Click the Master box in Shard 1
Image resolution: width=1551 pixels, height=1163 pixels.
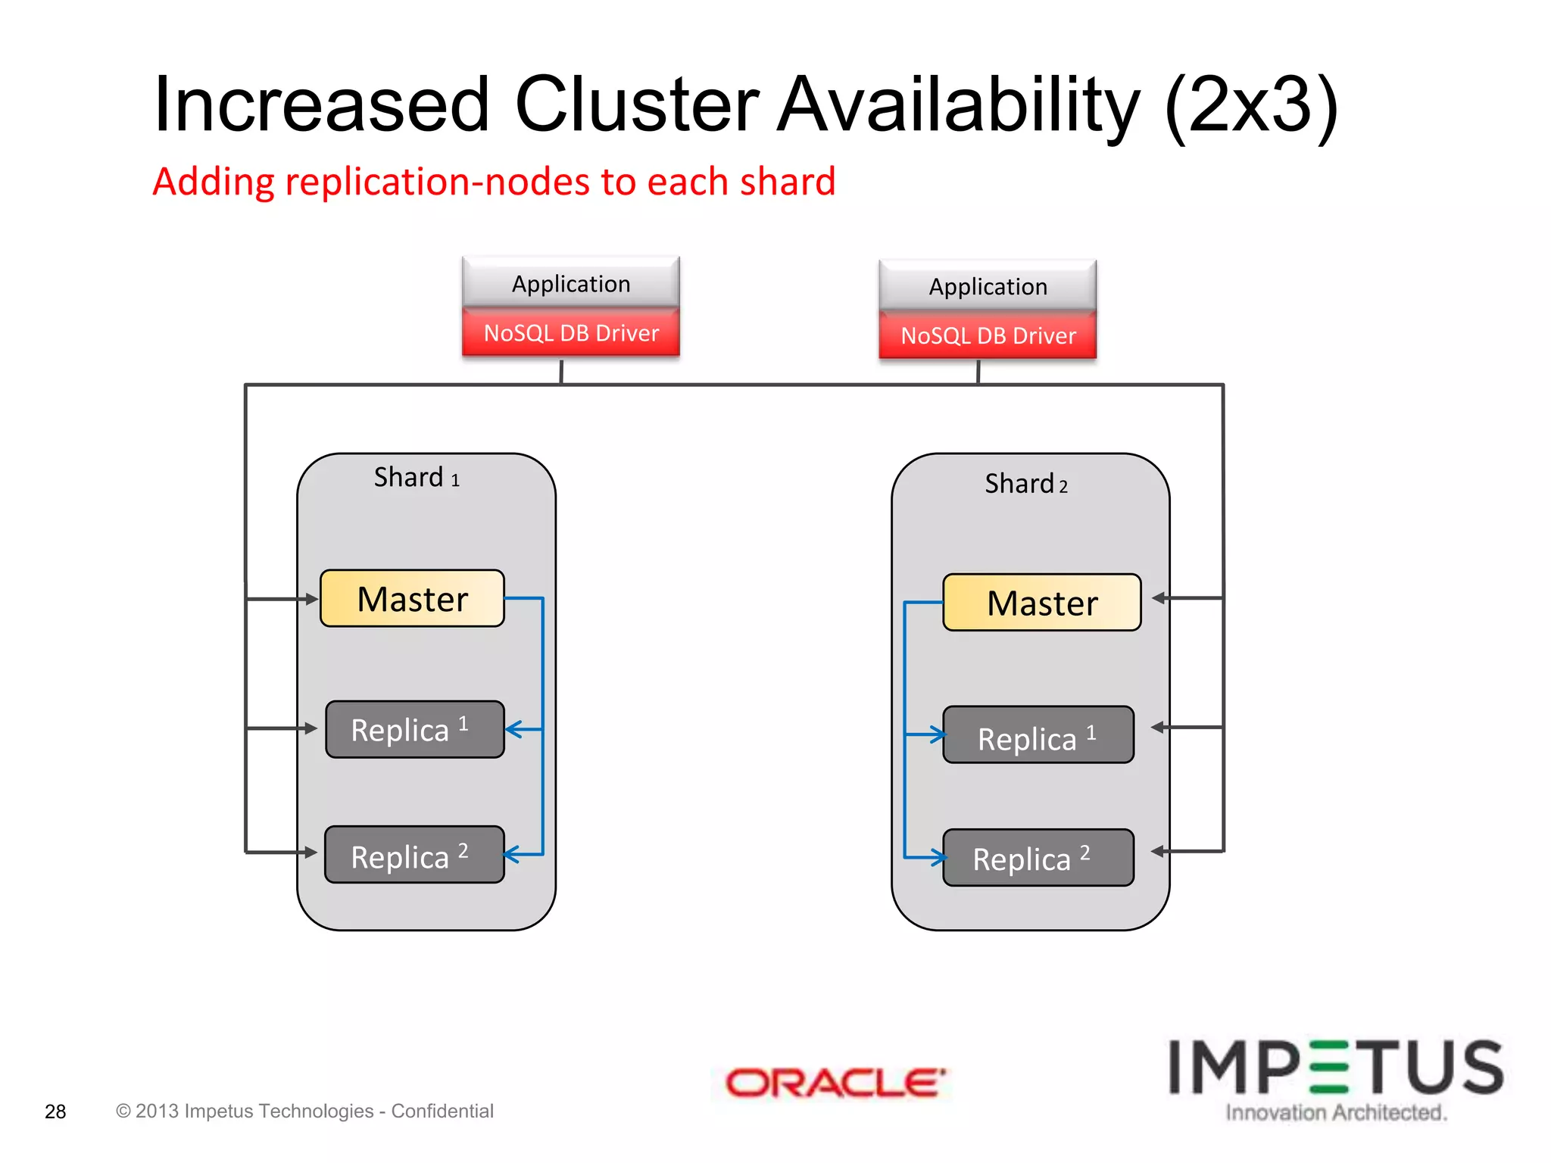(412, 598)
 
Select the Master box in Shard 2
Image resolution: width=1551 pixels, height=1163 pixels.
(1041, 603)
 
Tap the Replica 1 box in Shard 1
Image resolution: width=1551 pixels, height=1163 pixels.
(414, 729)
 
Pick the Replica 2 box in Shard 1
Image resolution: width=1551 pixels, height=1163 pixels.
(414, 855)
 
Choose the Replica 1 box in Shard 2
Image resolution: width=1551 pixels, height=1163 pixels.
(1038, 735)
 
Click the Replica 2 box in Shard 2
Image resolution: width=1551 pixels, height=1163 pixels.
(1038, 858)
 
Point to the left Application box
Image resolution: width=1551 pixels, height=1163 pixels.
(571, 283)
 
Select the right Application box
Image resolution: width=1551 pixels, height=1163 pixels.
(988, 286)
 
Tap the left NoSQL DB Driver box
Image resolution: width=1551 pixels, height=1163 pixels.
(571, 333)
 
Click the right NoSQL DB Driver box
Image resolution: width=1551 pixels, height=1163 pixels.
(988, 335)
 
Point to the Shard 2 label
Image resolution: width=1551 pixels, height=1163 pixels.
(1026, 484)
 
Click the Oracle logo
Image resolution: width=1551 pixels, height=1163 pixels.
(835, 1083)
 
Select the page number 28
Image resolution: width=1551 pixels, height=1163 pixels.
(55, 1112)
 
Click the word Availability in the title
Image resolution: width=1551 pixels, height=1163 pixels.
(958, 106)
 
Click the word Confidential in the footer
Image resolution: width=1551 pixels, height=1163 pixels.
(442, 1111)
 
